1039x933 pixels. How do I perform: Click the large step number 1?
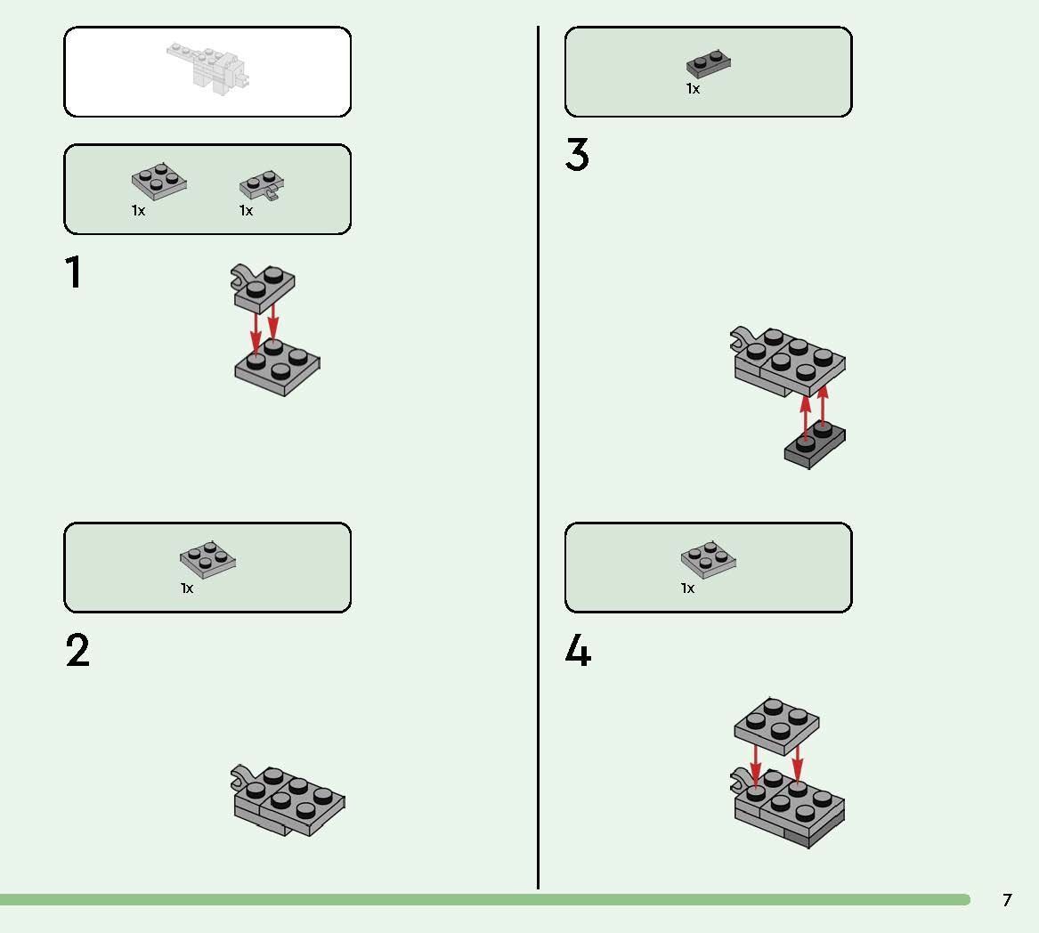74,272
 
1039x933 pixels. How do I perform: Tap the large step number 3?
577,154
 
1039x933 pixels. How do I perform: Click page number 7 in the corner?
1007,900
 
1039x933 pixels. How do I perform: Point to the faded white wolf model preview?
208,66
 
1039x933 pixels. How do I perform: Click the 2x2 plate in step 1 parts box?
159,181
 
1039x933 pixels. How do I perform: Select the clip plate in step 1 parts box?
262,185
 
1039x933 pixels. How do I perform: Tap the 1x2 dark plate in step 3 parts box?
709,63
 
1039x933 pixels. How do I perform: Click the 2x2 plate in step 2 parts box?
208,559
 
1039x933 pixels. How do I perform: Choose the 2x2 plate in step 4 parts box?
709,559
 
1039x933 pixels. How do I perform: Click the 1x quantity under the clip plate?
246,211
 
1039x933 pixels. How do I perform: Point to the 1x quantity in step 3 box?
693,89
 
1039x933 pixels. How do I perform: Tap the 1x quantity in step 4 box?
688,588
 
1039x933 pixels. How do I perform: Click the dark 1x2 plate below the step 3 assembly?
815,445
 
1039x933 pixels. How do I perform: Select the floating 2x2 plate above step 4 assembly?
776,726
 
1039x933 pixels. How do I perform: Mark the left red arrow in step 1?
256,332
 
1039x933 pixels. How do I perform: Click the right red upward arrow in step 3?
823,406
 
